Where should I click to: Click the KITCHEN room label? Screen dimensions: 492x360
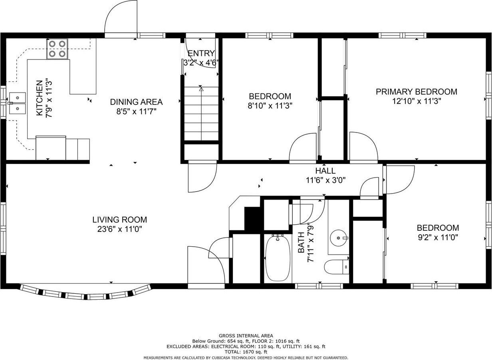click(39, 98)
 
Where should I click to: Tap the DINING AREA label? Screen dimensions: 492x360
click(136, 102)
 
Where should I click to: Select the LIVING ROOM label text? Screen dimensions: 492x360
click(119, 220)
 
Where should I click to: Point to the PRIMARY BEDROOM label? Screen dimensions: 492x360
click(417, 92)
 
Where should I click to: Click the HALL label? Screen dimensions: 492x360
click(325, 170)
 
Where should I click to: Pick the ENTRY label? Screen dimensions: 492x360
click(201, 53)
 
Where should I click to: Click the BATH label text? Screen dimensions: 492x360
click(301, 243)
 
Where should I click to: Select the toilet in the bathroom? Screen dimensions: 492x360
click(337, 267)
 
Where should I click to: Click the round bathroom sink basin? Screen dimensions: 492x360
click(339, 238)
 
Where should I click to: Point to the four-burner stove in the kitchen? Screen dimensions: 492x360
click(57, 49)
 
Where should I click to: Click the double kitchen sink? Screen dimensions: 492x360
click(17, 103)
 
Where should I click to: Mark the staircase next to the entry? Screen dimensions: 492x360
click(201, 113)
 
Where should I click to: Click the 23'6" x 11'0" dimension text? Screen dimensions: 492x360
click(119, 229)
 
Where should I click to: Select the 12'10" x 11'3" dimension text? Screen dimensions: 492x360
click(417, 101)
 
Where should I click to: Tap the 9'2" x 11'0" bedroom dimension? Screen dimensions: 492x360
click(438, 237)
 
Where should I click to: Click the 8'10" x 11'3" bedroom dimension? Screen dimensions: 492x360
click(270, 106)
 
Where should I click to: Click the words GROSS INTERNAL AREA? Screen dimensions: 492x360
click(246, 336)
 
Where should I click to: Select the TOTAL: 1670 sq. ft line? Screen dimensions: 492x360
click(246, 352)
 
